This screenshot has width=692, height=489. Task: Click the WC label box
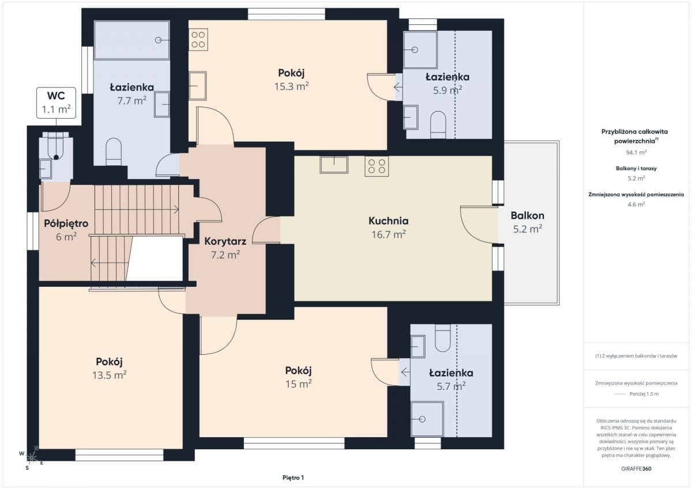click(x=57, y=103)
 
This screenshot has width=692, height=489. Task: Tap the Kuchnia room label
click(x=388, y=221)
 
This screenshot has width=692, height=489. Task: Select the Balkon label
click(x=527, y=215)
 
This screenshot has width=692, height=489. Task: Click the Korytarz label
click(x=225, y=241)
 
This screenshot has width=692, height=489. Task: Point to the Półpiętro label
click(x=66, y=223)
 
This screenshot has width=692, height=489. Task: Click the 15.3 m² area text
click(x=291, y=86)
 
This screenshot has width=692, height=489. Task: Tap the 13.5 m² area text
click(x=110, y=375)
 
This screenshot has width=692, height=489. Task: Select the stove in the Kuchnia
click(x=377, y=166)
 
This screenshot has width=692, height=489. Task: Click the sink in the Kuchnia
click(x=334, y=165)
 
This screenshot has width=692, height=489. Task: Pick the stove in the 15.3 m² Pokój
click(x=198, y=40)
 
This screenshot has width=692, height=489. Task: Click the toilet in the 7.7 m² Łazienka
click(x=114, y=152)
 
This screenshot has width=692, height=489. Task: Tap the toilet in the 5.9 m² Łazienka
click(x=438, y=125)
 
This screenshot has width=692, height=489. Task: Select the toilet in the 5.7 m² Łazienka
click(x=443, y=338)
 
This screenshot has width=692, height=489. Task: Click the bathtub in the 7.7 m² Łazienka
click(x=132, y=40)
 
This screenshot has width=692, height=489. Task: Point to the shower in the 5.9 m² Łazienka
click(x=420, y=50)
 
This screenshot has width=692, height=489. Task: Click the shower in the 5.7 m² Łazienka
click(x=427, y=419)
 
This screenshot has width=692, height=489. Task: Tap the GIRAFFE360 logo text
click(x=636, y=469)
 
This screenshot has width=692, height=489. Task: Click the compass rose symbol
click(x=31, y=457)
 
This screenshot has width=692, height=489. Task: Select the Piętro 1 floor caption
click(x=293, y=477)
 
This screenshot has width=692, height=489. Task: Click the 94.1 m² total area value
click(x=636, y=153)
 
